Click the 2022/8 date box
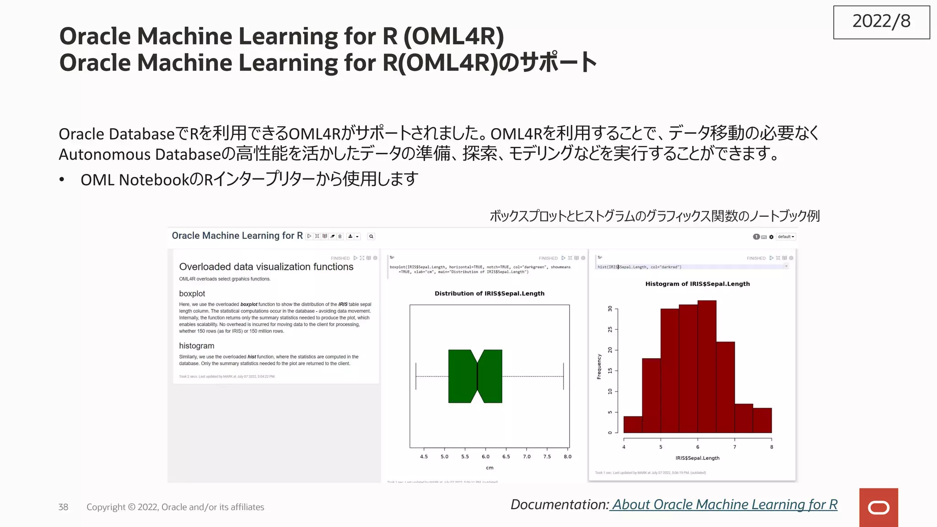pyautogui.click(x=881, y=22)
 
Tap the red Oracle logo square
pyautogui.click(x=878, y=507)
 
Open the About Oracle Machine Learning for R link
pyautogui.click(x=725, y=504)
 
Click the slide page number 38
pyautogui.click(x=63, y=507)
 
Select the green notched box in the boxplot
pyautogui.click(x=475, y=376)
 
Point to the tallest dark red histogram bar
pyautogui.click(x=707, y=366)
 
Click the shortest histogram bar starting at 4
pyautogui.click(x=633, y=425)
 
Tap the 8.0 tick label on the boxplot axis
pyautogui.click(x=567, y=457)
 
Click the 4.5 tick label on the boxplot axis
pyautogui.click(x=424, y=457)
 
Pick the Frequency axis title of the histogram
pyautogui.click(x=599, y=366)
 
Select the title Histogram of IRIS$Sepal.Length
pyautogui.click(x=697, y=284)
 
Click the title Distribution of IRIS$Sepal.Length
pyautogui.click(x=490, y=293)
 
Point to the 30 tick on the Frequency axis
pyautogui.click(x=610, y=309)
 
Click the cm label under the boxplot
pyautogui.click(x=490, y=468)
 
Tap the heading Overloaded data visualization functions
pyautogui.click(x=266, y=267)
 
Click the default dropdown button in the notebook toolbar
pyautogui.click(x=786, y=237)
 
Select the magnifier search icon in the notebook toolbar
pyautogui.click(x=371, y=237)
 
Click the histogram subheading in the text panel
pyautogui.click(x=197, y=346)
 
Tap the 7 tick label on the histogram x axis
pyautogui.click(x=735, y=447)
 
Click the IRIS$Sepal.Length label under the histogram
pyautogui.click(x=697, y=458)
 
